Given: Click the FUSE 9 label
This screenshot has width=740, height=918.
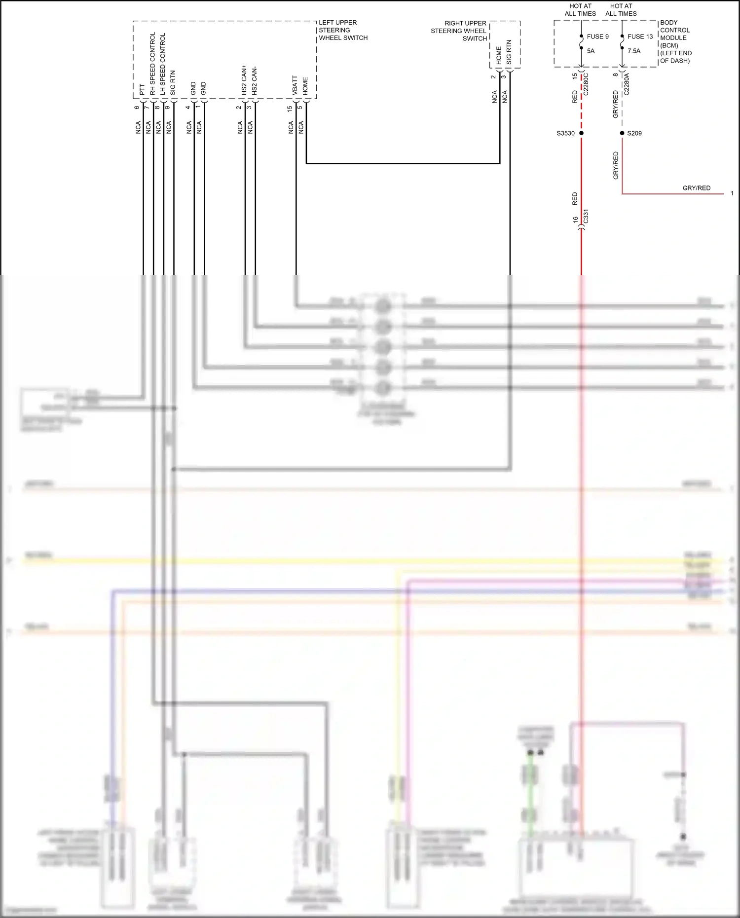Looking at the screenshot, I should [597, 37].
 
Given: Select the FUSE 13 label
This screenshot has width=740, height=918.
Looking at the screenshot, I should [640, 37].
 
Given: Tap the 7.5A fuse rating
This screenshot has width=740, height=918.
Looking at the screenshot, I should [634, 51].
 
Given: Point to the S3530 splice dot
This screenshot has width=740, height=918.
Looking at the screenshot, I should [581, 133].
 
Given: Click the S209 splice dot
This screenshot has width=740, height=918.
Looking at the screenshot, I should [622, 133].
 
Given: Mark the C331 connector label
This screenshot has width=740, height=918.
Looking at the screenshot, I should [586, 217].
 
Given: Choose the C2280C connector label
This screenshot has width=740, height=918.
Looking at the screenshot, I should [586, 84].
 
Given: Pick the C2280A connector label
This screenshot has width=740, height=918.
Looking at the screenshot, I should [627, 84].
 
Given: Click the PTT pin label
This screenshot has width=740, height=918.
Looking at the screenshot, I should [142, 89].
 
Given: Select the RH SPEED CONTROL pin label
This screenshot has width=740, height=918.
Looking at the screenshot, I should [152, 64].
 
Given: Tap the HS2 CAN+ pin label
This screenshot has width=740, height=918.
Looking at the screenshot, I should [244, 80].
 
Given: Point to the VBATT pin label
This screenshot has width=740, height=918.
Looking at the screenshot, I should [295, 85].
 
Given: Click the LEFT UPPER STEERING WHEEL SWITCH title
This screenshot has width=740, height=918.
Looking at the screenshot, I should [343, 30].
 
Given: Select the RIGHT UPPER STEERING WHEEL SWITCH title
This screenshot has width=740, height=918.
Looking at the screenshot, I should [459, 31].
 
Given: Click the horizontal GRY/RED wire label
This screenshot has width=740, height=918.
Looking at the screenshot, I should [696, 188].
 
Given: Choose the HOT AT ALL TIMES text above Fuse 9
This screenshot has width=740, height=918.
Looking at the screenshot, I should [580, 10].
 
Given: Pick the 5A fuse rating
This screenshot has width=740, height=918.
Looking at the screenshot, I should [591, 51].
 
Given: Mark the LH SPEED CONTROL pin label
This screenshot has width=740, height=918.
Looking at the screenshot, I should [163, 64].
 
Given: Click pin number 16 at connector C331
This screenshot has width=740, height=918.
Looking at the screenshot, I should [575, 220].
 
